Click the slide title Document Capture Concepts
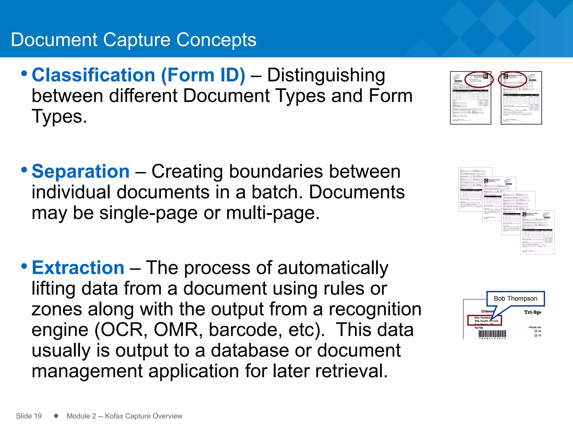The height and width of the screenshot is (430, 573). (133, 40)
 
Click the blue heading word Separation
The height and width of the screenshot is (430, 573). (81, 171)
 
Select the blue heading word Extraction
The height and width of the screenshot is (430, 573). (78, 268)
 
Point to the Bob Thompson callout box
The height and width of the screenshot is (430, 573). (515, 298)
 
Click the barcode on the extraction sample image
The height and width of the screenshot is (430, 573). (492, 334)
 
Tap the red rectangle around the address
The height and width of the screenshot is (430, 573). (485, 320)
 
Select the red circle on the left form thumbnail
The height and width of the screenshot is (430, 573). (479, 80)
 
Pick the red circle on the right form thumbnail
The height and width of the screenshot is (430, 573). (513, 80)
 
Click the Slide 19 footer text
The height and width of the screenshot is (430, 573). (29, 416)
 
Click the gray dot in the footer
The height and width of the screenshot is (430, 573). (56, 416)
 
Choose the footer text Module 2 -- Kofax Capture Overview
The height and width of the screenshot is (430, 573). (125, 416)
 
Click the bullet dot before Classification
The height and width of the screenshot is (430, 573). (24, 74)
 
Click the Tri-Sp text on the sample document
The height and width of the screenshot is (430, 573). (532, 312)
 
